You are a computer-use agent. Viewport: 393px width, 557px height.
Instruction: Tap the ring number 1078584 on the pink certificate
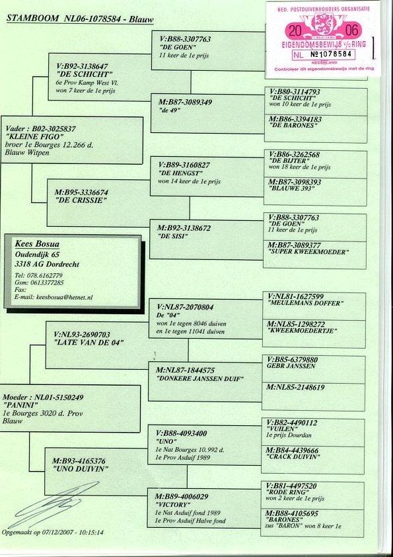click(x=335, y=54)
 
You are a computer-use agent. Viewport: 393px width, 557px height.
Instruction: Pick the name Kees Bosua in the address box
click(x=37, y=244)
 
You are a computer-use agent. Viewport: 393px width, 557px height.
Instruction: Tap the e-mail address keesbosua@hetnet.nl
click(x=64, y=297)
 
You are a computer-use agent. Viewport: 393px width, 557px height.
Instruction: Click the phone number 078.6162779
click(x=44, y=275)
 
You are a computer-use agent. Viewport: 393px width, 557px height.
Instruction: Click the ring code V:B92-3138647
click(x=82, y=66)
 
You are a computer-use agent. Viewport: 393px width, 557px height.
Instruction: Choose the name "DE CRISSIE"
click(x=81, y=200)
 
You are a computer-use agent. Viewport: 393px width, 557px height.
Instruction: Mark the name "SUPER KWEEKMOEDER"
click(x=308, y=252)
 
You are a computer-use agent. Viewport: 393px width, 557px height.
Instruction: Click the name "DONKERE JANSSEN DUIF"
click(x=199, y=378)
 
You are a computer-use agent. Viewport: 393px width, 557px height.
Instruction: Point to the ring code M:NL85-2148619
click(x=295, y=387)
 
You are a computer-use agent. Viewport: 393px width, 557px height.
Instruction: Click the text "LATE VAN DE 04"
click(x=89, y=343)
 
